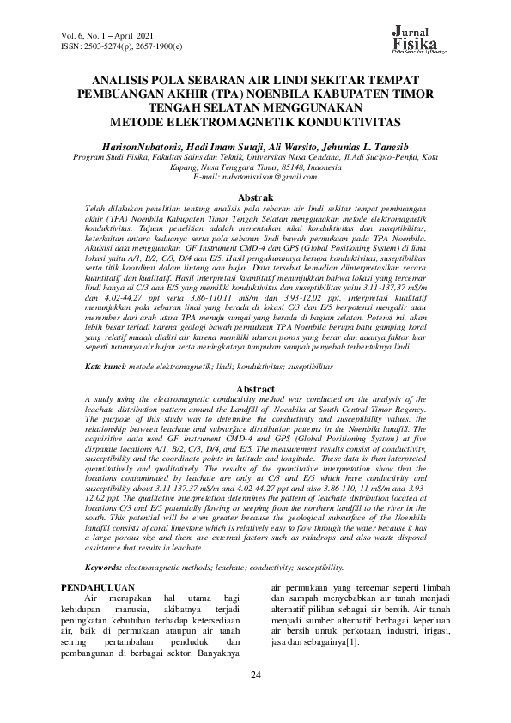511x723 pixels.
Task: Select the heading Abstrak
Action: click(x=254, y=197)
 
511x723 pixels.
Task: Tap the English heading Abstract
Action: click(x=255, y=389)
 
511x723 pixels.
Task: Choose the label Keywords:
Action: click(x=104, y=568)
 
